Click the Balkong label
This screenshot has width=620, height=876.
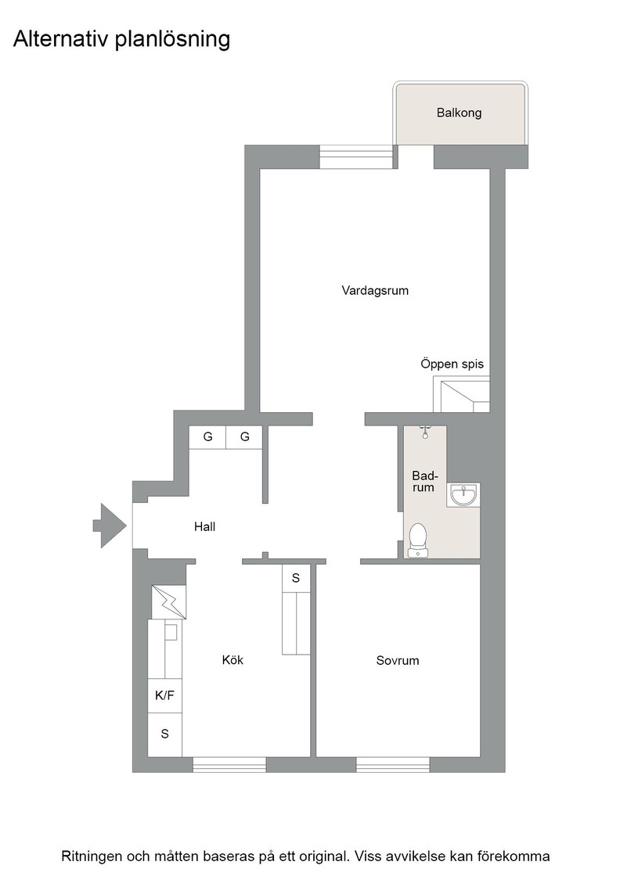(459, 113)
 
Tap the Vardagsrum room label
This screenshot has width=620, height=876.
(375, 291)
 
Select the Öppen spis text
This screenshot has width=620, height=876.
(452, 364)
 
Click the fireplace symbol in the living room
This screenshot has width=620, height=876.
(462, 395)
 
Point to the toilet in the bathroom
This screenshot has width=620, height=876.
(418, 539)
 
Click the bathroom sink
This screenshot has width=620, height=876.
(464, 494)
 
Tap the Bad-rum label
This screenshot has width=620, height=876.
(424, 481)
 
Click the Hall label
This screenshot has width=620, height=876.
(204, 527)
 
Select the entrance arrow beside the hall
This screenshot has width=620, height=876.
(110, 525)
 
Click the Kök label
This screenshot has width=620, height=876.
(232, 660)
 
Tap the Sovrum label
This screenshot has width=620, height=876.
(397, 661)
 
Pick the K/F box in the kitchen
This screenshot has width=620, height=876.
(165, 695)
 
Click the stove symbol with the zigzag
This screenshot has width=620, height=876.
(169, 601)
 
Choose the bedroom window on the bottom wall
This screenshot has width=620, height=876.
(393, 764)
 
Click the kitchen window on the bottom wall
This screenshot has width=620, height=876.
(229, 764)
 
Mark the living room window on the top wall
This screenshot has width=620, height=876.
(355, 157)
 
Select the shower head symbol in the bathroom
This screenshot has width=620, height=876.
(425, 430)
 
